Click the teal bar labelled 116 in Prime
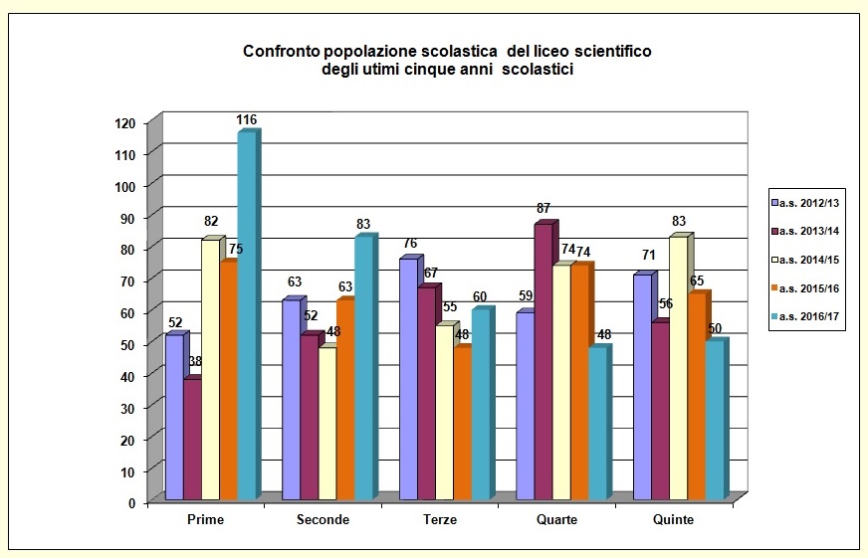click(x=246, y=318)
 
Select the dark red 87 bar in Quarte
click(x=542, y=363)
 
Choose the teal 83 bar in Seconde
click(x=363, y=368)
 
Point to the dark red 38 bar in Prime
click(x=191, y=440)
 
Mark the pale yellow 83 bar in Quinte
click(x=678, y=368)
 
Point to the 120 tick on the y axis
click(x=125, y=123)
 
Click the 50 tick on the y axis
click(x=129, y=344)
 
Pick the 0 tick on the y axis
click(x=132, y=502)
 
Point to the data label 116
click(x=246, y=120)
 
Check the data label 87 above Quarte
click(x=544, y=209)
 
